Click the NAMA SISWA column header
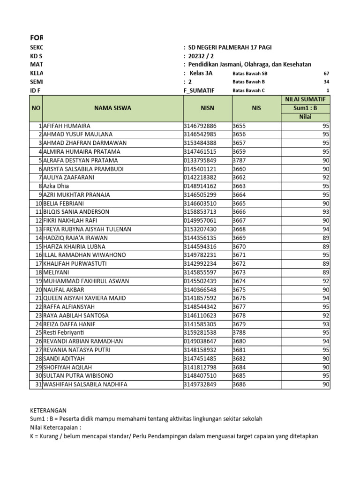coord(112,108)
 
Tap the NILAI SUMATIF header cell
coord(305,99)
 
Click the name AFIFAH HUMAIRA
coord(67,126)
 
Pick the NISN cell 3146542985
coord(200,134)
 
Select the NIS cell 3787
coord(239,160)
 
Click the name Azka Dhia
coord(56,186)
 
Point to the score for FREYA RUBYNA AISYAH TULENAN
coord(326,229)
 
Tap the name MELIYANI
coord(57,272)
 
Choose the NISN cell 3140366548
coord(200,290)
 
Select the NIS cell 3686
coord(239,384)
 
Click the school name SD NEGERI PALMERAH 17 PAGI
coord(230,47)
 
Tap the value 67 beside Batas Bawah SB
coord(327,74)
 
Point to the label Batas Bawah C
coord(248,90)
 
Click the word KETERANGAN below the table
coord(48,410)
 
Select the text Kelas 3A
coord(201,73)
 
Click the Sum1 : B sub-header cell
coord(305,108)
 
